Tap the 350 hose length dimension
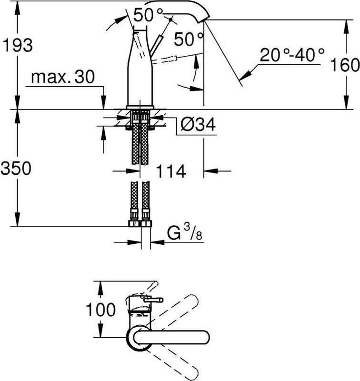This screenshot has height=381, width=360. [x=17, y=168]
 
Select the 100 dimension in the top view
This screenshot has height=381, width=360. [x=100, y=310]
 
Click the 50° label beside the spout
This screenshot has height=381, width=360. [x=189, y=39]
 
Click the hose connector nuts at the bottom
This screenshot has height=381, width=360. [x=140, y=224]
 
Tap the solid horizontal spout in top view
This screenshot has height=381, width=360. [x=176, y=337]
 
